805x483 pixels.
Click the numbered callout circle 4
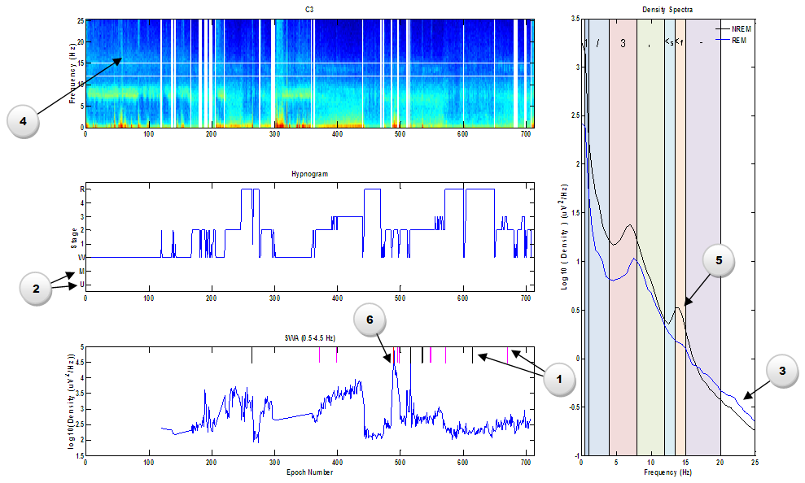pyautogui.click(x=23, y=121)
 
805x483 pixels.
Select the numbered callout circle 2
pyautogui.click(x=36, y=288)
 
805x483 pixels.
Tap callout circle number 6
pyautogui.click(x=369, y=321)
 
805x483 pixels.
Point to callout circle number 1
pyautogui.click(x=560, y=379)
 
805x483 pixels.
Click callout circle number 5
pyautogui.click(x=719, y=262)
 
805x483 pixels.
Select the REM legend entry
pyautogui.click(x=737, y=38)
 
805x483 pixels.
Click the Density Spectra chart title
pyautogui.click(x=667, y=9)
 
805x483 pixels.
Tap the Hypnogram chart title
pyautogui.click(x=308, y=173)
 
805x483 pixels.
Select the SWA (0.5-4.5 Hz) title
pyautogui.click(x=308, y=337)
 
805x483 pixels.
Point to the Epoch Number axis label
pyautogui.click(x=308, y=472)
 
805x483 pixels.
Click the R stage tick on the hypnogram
pyautogui.click(x=81, y=189)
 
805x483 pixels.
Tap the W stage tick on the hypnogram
pyautogui.click(x=81, y=258)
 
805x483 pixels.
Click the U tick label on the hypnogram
pyautogui.click(x=81, y=285)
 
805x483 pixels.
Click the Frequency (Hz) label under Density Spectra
pyautogui.click(x=667, y=472)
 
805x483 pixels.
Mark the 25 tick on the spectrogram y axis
pyautogui.click(x=80, y=20)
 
